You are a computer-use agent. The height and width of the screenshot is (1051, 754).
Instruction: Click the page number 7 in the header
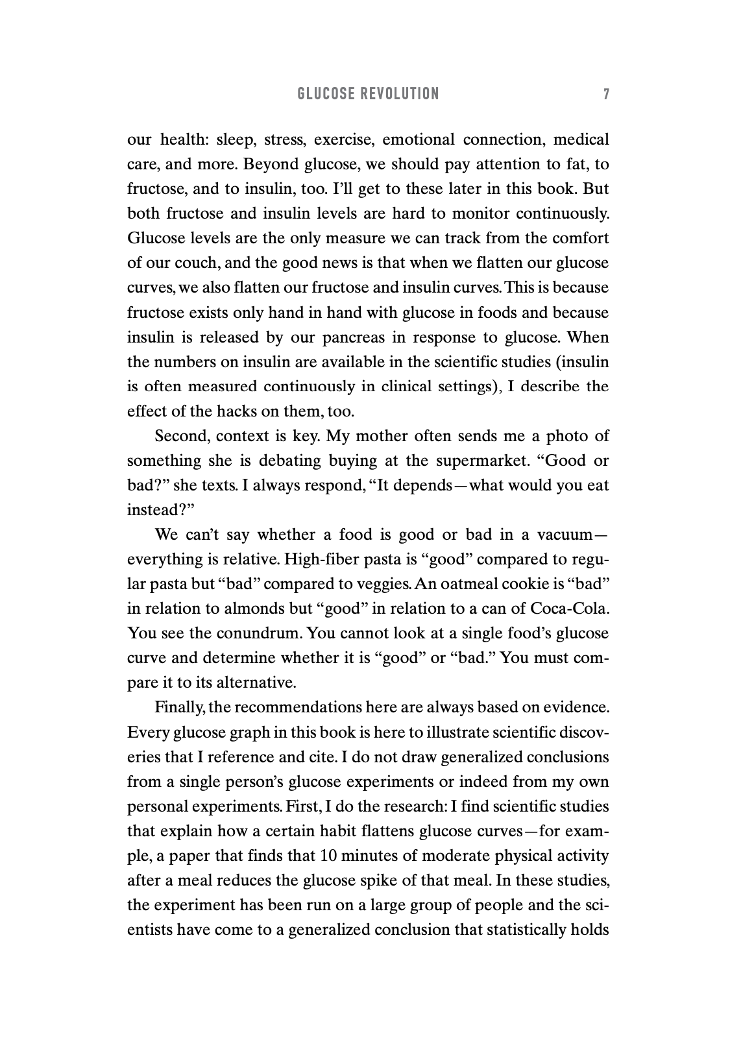[606, 94]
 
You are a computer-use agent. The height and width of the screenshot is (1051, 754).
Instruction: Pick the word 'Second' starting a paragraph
[182, 436]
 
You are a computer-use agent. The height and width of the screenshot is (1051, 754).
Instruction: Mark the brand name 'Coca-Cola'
[570, 609]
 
